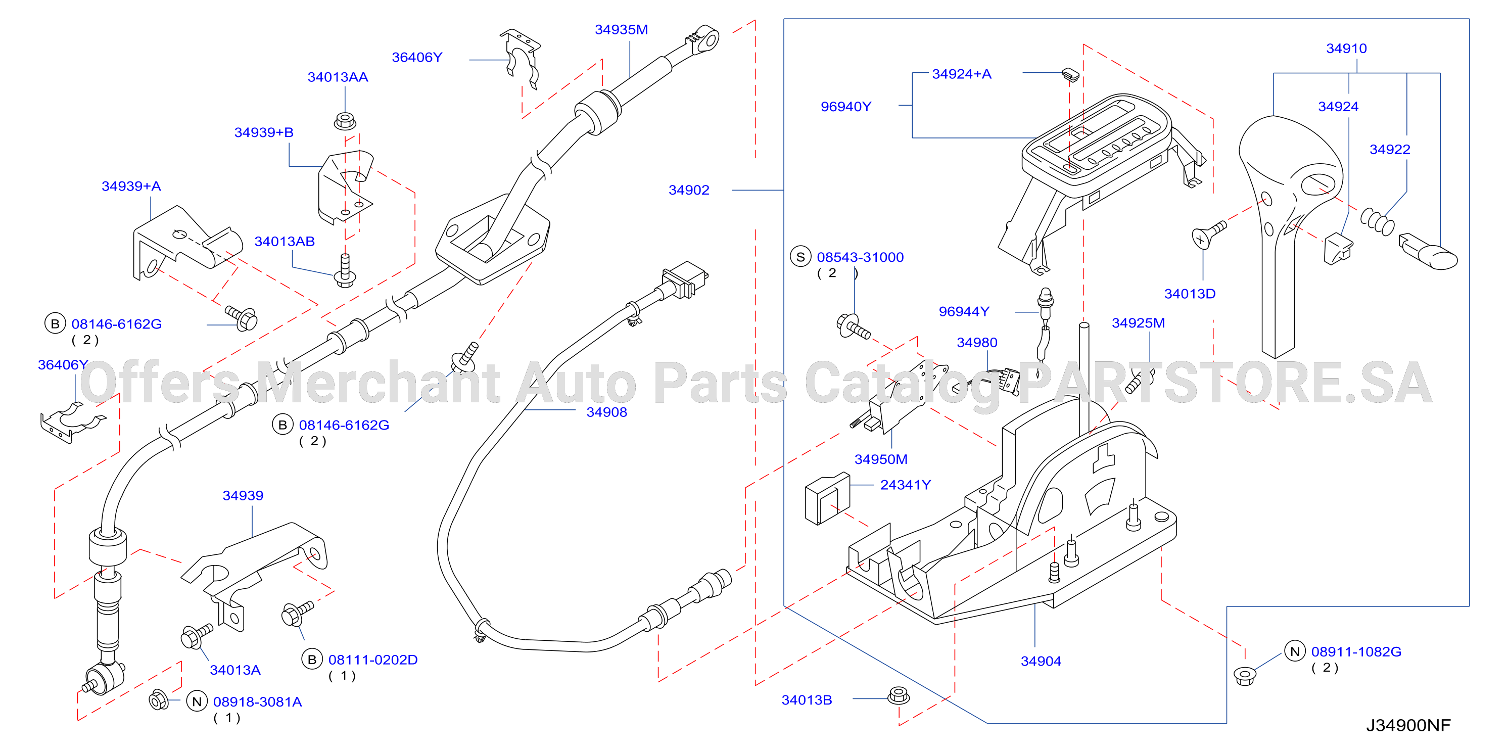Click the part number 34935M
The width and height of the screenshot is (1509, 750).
621,30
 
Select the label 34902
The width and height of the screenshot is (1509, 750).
689,190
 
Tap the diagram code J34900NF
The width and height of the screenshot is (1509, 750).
1408,725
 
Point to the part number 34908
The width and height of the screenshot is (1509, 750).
607,412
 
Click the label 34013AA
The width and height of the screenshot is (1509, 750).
338,77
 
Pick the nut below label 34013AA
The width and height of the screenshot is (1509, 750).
345,121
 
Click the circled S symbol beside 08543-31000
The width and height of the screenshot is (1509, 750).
801,257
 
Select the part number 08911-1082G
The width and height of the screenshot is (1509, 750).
1356,651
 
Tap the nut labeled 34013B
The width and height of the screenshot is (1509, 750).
899,695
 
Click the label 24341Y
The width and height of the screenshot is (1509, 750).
906,485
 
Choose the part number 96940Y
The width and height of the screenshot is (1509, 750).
846,107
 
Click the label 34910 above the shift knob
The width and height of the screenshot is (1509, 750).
1346,49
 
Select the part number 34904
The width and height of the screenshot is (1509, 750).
1041,661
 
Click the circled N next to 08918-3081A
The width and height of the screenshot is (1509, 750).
197,701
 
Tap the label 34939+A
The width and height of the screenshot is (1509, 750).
131,186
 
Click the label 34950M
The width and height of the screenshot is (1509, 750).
881,459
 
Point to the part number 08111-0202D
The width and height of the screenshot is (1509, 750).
372,660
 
